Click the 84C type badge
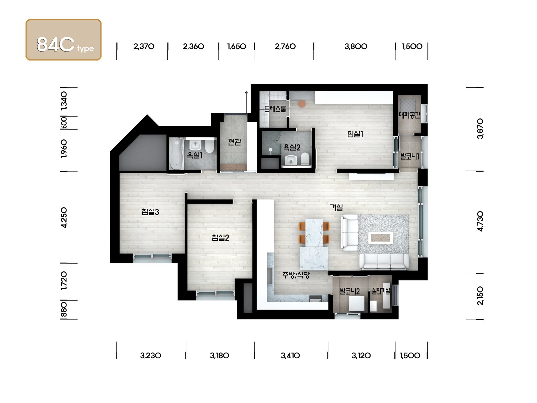63,40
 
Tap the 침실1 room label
355,134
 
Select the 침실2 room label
220,237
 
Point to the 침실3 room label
150,212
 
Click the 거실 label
336,207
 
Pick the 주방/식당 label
296,275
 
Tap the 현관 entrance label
234,142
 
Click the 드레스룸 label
275,108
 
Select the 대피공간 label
409,115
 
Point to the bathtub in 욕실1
177,153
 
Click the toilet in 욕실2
305,159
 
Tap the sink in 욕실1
195,145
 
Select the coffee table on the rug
380,237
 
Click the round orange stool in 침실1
302,104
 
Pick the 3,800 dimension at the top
356,46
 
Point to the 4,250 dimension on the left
64,218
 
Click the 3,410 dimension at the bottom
290,355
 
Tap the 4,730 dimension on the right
480,221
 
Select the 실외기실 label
381,291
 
